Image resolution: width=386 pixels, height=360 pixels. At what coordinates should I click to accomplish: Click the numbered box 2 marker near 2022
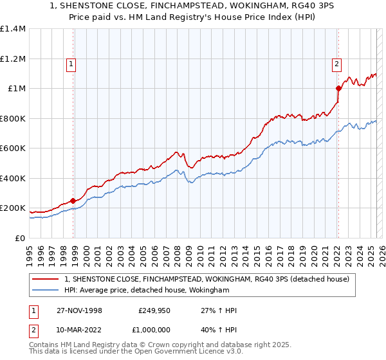pos(336,64)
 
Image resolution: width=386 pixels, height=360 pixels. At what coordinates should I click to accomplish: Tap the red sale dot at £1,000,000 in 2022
pos(338,88)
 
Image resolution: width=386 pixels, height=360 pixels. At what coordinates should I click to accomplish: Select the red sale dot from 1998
pos(73,201)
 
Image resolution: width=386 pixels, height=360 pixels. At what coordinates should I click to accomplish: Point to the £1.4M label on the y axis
pos(13,29)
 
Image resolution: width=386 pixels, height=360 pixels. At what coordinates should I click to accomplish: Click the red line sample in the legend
pos(46,279)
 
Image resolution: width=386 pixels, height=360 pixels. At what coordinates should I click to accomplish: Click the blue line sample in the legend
pos(46,291)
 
